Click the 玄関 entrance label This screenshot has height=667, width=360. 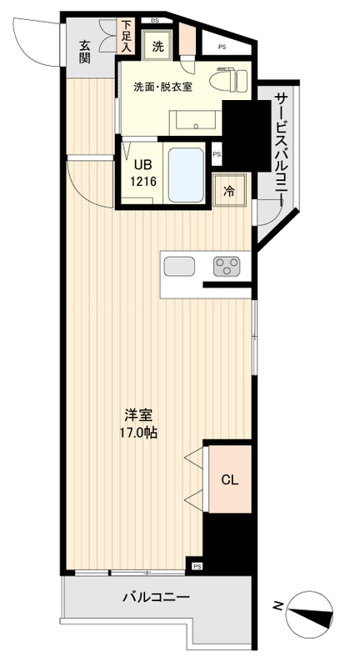tap(85, 52)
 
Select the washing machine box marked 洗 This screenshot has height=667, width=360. tap(157, 48)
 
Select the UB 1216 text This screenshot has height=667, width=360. tap(142, 173)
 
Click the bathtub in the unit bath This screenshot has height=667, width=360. tap(187, 174)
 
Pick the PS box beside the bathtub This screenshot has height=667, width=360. tap(217, 154)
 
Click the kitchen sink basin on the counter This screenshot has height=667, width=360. tap(180, 267)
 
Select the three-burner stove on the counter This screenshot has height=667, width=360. tap(226, 266)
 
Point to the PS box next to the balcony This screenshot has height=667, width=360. tap(197, 566)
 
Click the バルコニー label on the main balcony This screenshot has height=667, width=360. tap(156, 598)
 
